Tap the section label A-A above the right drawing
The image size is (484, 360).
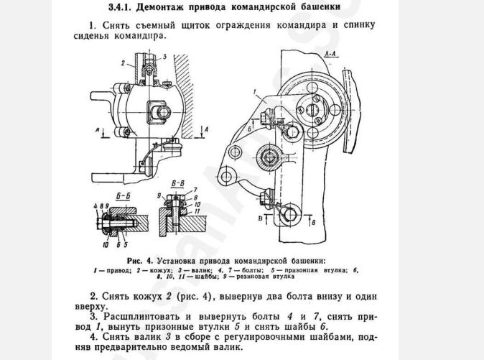pyautogui.click(x=332, y=55)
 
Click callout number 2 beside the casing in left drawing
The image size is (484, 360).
pyautogui.click(x=123, y=63)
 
